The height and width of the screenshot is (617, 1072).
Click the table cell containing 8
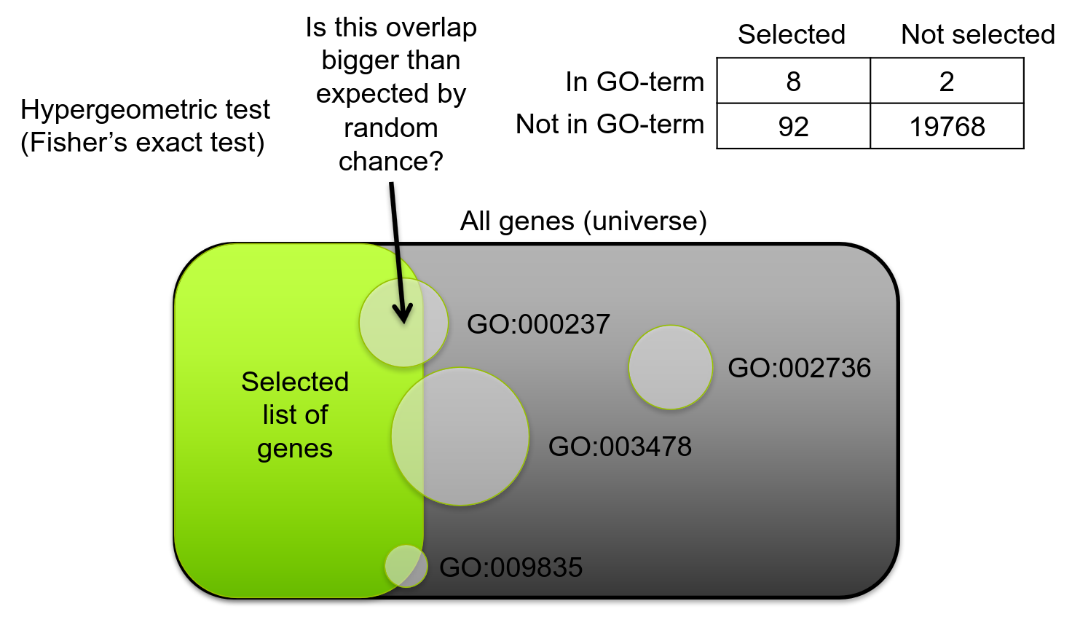[x=793, y=82]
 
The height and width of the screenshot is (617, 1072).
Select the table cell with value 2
[x=946, y=82]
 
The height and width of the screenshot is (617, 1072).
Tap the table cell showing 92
[x=793, y=127]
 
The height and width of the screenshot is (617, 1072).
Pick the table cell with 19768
[x=947, y=127]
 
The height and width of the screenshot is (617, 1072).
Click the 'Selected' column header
[x=792, y=34]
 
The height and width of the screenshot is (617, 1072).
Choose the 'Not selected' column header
[x=977, y=34]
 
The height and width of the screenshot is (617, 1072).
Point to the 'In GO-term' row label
[x=634, y=82]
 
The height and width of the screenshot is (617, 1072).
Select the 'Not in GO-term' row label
[x=610, y=125]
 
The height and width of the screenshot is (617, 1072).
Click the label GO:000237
[x=538, y=324]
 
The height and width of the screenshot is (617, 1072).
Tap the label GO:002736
[x=799, y=368]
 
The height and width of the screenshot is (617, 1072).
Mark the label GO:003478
[x=620, y=447]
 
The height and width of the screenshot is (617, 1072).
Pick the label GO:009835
[x=511, y=567]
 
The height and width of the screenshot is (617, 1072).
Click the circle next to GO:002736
[x=670, y=367]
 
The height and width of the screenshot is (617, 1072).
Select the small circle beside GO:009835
[x=406, y=566]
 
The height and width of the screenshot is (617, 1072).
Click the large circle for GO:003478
[x=460, y=436]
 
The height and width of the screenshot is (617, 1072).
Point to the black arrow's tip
[x=403, y=321]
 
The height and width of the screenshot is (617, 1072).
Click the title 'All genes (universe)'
[x=583, y=221]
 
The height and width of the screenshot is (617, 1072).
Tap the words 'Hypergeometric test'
[x=145, y=109]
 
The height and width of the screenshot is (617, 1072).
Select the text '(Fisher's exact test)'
[x=142, y=142]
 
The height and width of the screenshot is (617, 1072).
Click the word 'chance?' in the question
[x=390, y=161]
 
